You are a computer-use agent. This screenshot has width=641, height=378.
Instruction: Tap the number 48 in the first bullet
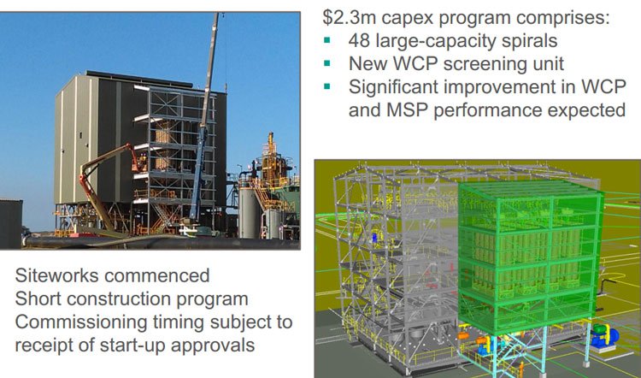tap(358, 40)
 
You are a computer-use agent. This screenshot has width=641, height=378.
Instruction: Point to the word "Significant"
tap(391, 87)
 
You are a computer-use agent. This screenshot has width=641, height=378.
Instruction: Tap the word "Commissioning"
tap(81, 322)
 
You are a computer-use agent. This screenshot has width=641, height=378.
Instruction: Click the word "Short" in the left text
tap(38, 298)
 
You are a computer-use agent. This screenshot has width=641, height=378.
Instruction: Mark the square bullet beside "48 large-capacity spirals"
tap(326, 40)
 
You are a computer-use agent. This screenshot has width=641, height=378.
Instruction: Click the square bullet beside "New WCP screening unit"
tap(326, 63)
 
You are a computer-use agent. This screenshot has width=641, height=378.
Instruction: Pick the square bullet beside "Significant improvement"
tap(326, 86)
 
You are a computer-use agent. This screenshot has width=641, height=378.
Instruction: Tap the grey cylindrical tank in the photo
tap(250, 213)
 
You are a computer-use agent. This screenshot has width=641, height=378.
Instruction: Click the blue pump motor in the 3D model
tap(604, 336)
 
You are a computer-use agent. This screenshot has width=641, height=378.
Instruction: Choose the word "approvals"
tap(213, 346)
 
